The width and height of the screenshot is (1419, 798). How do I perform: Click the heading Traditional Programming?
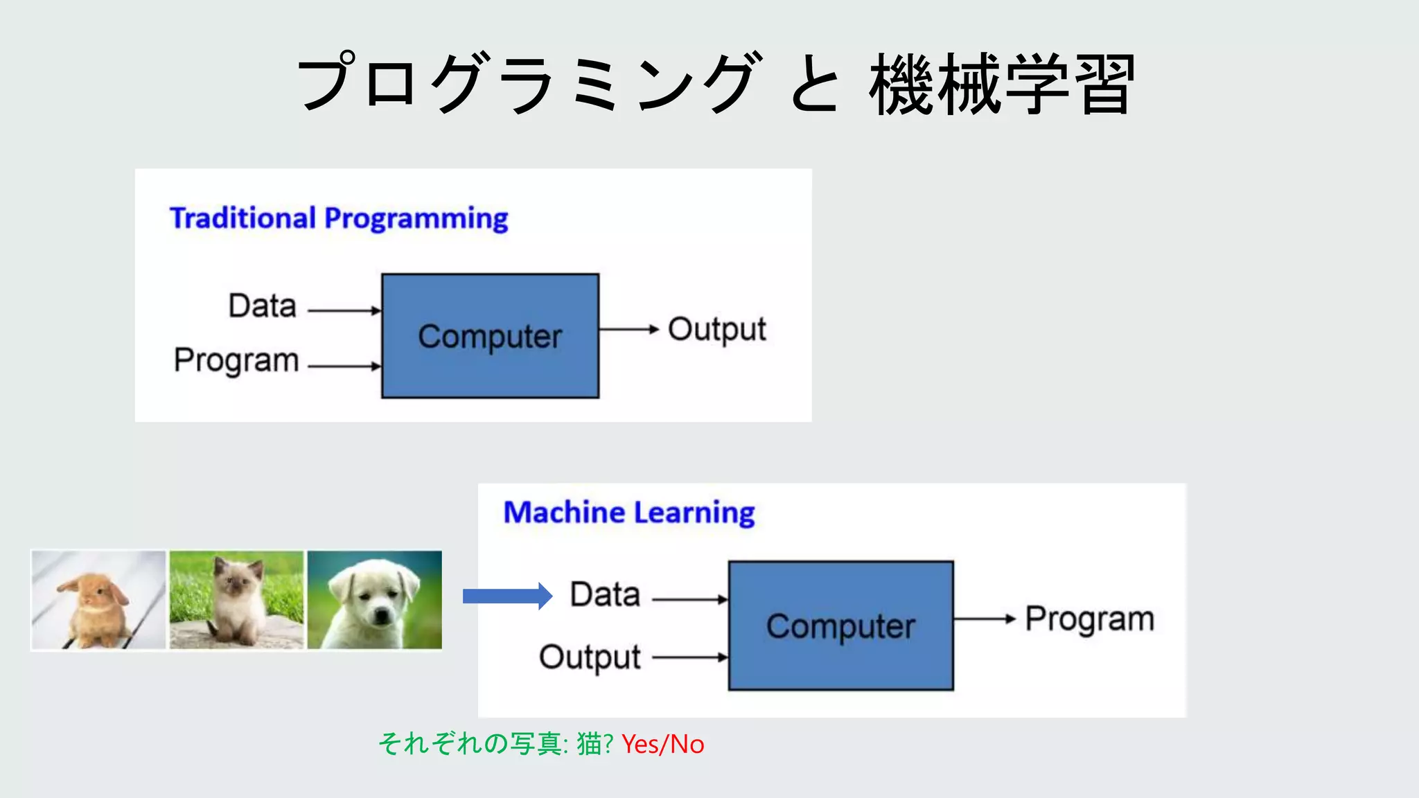(339, 218)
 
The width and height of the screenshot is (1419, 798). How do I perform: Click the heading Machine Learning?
(628, 513)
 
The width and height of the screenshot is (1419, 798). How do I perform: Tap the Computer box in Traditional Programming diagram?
(490, 336)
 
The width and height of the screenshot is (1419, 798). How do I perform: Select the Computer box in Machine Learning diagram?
(840, 626)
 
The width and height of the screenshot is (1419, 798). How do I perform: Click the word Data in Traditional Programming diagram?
(263, 306)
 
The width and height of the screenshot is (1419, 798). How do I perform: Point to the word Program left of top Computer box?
(236, 360)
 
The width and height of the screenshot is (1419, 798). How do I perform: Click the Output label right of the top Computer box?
(716, 330)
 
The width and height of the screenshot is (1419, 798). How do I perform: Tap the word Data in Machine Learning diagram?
(605, 594)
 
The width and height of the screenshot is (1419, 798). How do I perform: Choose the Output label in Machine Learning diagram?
(590, 657)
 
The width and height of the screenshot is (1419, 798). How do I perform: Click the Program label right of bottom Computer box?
(1089, 619)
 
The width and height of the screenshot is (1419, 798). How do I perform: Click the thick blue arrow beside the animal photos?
(506, 596)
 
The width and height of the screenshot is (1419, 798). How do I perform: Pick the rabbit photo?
(98, 600)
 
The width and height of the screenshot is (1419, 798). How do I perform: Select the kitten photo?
(236, 600)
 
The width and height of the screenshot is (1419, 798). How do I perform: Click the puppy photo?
(374, 600)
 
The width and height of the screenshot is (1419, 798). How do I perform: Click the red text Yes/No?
(662, 745)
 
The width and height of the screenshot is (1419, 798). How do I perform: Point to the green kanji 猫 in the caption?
(589, 745)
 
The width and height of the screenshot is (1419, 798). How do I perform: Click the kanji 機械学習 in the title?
(1001, 85)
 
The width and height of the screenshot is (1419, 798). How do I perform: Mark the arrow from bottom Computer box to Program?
(984, 619)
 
